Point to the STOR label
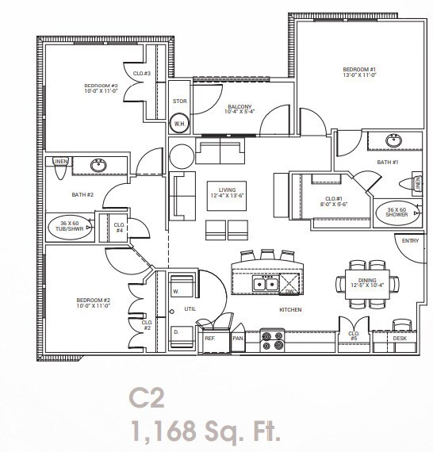(x=180, y=102)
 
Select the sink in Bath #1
(x=394, y=141)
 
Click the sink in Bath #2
(x=98, y=166)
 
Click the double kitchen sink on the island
(x=264, y=284)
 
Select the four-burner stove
(x=274, y=339)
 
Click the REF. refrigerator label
(x=210, y=339)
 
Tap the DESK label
(x=400, y=339)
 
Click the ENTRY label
(x=410, y=240)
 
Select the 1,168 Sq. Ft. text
(x=206, y=432)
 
